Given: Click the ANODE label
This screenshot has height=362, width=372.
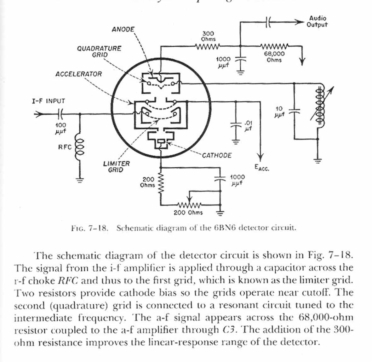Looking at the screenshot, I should pos(123,29).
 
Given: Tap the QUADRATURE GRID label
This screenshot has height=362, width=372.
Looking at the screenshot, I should pos(99,51).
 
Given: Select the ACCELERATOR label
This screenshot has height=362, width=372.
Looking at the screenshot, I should pos(79,74).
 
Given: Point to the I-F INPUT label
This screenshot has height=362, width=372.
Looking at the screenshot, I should pos(49,101).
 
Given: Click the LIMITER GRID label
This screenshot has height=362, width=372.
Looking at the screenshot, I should pos(116,167).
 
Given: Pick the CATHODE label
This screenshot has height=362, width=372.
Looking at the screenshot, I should pos(217,155).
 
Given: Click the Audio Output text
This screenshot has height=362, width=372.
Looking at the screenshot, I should pos(317,21).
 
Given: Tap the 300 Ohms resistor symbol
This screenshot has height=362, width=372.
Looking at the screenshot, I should pos(207,47).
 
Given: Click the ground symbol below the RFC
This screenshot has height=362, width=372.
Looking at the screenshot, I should pos(79,180).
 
